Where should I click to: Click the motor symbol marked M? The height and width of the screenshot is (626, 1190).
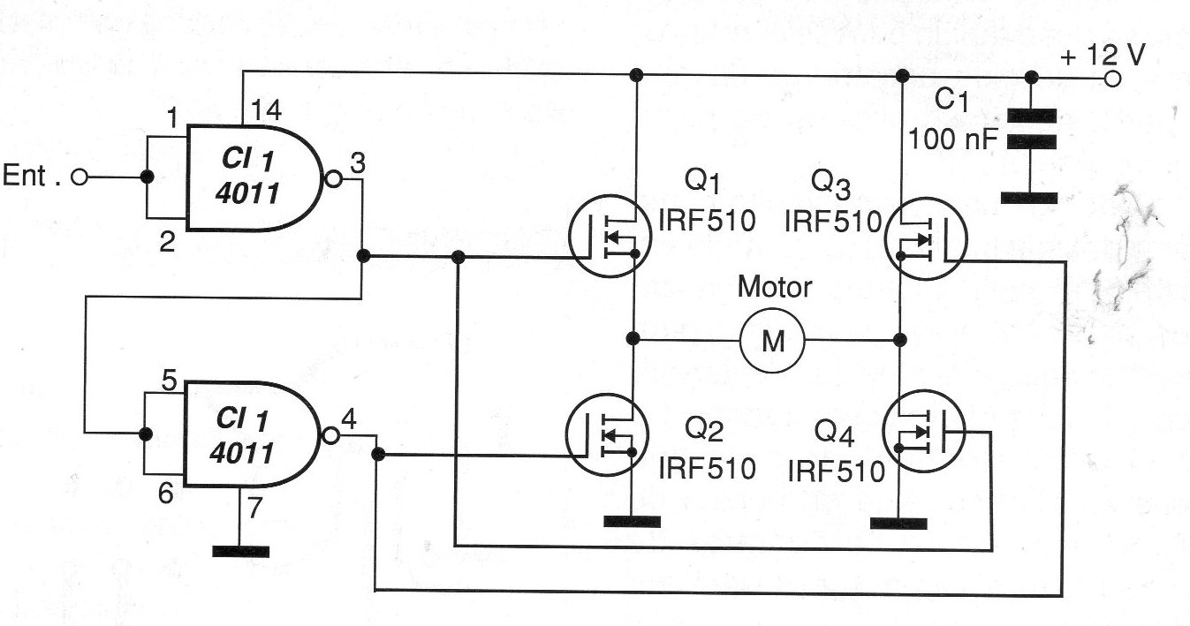click(773, 340)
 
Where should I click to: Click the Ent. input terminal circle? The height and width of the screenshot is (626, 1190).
click(80, 177)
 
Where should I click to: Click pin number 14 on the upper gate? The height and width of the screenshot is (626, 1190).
click(266, 111)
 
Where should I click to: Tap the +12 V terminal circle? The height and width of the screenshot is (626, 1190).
click(1112, 79)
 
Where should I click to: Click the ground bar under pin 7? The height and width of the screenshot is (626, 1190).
click(241, 552)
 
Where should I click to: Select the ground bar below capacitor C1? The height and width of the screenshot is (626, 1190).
click(1029, 198)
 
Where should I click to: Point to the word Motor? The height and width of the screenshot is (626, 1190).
click(774, 287)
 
